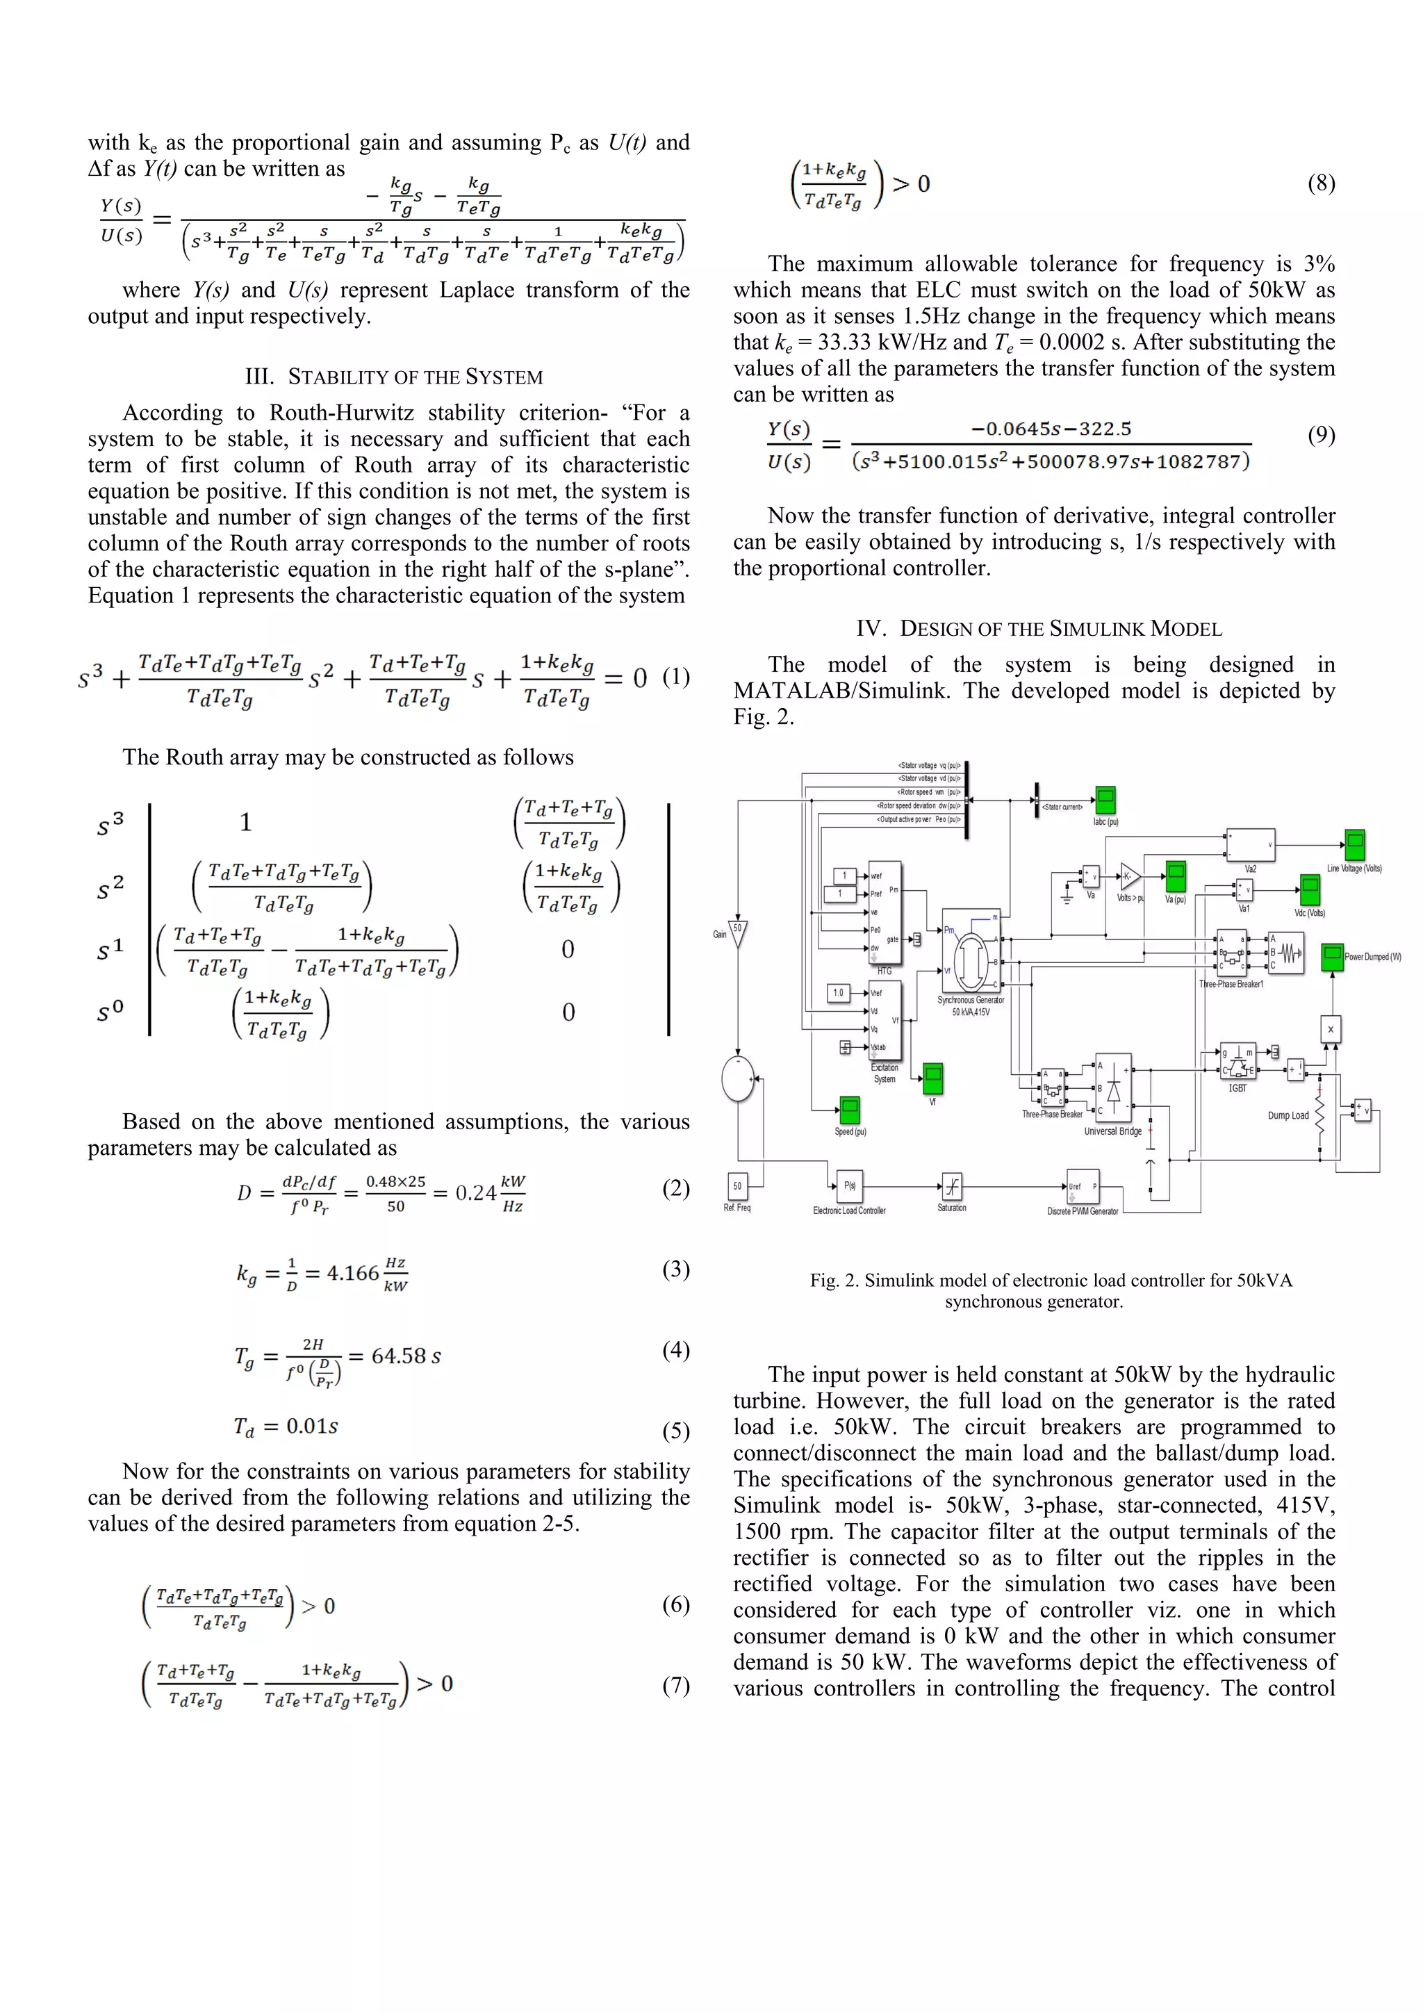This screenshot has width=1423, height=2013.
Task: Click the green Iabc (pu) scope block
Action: [1105, 800]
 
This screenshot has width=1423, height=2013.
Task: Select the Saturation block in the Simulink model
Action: [951, 1187]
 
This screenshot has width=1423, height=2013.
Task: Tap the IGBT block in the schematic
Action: [1238, 1062]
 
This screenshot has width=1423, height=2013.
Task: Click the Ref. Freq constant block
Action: [737, 1186]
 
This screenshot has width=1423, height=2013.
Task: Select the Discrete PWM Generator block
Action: [1082, 1187]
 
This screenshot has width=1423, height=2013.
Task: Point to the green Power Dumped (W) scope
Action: [1332, 958]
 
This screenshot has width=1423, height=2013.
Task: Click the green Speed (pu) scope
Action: [848, 1110]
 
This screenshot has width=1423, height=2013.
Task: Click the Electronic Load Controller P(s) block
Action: [850, 1186]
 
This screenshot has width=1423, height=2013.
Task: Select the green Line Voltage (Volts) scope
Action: [1355, 845]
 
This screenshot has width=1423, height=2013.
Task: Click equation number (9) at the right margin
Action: [1320, 435]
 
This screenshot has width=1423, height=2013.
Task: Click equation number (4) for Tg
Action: [675, 1349]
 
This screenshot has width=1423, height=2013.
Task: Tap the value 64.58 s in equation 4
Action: [406, 1356]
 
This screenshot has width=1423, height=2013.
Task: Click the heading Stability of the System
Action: [394, 377]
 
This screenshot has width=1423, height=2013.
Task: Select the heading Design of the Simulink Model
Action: [1039, 629]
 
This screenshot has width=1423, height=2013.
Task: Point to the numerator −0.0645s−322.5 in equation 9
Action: [1051, 429]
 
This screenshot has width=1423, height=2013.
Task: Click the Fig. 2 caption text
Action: [1051, 1290]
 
